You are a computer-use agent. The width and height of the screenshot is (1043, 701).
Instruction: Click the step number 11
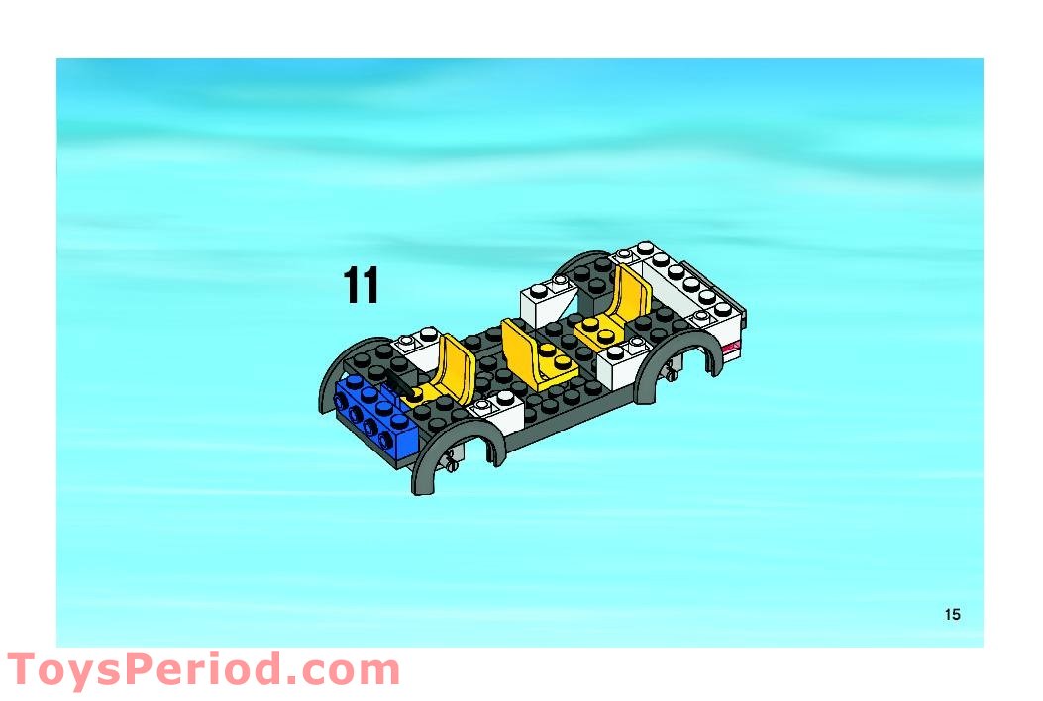tap(362, 285)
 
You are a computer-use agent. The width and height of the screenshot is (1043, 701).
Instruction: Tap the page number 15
tap(953, 614)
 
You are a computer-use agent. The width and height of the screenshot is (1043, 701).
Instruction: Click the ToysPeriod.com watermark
tap(203, 669)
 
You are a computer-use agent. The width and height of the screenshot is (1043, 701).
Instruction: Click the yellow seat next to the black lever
tap(445, 369)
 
